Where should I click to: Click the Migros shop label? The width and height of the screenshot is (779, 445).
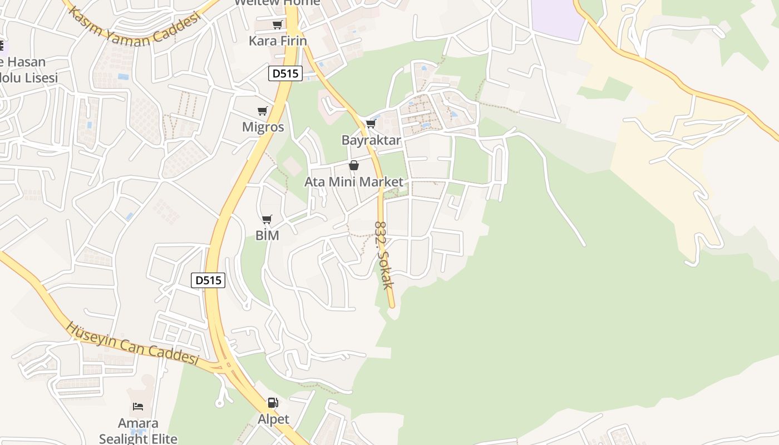coord(263,127)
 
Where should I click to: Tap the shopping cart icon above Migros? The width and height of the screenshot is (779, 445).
coord(263,111)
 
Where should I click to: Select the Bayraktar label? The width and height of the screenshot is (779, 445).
coord(371,140)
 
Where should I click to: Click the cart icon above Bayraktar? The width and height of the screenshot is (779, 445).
coord(371,123)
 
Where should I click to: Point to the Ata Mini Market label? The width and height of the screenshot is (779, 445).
coord(354,182)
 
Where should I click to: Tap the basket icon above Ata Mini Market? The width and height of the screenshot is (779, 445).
coord(354,165)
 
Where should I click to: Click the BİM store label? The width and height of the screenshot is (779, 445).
coord(267,235)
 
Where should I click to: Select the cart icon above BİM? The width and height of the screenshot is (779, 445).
coord(267,220)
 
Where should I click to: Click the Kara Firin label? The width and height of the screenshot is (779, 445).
coord(278,41)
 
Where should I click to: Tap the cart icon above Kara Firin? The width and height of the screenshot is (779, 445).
coord(277,24)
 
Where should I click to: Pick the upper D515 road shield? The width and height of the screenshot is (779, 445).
coord(285,73)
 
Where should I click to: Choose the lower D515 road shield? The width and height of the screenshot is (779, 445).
coord(208,280)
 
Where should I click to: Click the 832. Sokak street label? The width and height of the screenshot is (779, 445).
coord(384,255)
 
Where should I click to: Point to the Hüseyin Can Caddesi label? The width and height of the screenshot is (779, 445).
coord(132,343)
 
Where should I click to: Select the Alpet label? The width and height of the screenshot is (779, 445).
coord(273,419)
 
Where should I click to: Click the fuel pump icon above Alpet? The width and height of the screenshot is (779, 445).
coord(273,403)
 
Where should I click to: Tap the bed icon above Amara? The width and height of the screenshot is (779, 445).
coord(138,407)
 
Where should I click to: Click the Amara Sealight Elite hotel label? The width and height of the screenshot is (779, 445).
coord(138,431)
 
